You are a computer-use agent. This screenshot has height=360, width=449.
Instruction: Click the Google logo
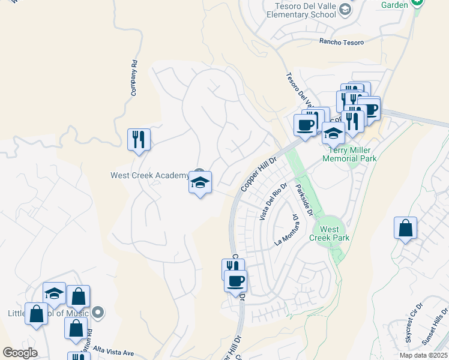click(20, 353)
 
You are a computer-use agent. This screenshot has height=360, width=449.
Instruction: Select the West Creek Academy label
click(149, 175)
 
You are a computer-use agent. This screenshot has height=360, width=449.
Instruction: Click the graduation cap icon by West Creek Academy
click(200, 182)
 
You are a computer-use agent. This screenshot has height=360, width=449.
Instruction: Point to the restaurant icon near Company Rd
click(139, 140)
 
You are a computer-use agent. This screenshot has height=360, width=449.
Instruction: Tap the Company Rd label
click(134, 78)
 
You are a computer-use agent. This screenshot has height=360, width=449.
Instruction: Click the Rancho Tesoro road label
click(342, 41)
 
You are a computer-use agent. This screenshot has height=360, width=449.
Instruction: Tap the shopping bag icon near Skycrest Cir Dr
click(406, 229)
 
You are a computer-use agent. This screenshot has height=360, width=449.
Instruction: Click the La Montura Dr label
click(287, 230)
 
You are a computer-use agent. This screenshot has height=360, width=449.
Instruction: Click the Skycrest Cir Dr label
click(414, 326)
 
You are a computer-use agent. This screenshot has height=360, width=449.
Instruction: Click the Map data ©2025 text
click(423, 355)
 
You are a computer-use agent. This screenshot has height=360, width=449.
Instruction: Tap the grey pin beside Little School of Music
click(99, 313)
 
